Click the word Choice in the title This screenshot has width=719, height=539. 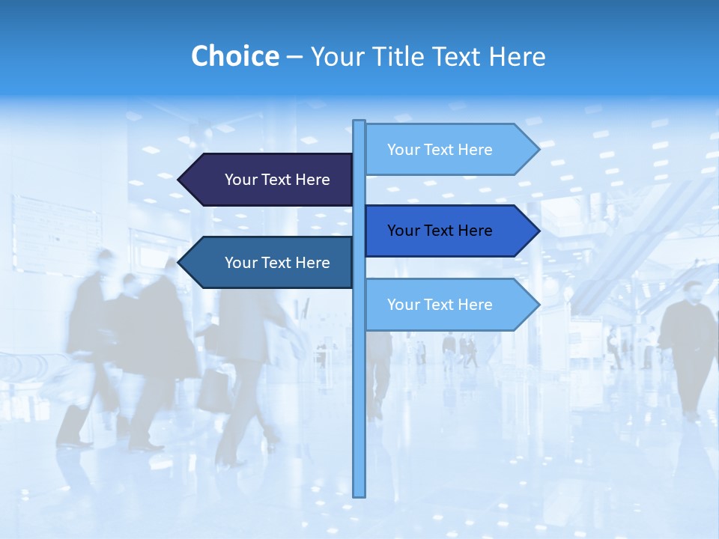pos(234,56)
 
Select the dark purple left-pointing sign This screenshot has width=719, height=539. pos(270,180)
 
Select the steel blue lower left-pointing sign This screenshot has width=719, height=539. pos(270,263)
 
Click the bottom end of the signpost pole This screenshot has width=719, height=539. pos(359,494)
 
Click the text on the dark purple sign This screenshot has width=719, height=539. pos(277,180)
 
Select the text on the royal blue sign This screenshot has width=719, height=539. pos(440,231)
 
